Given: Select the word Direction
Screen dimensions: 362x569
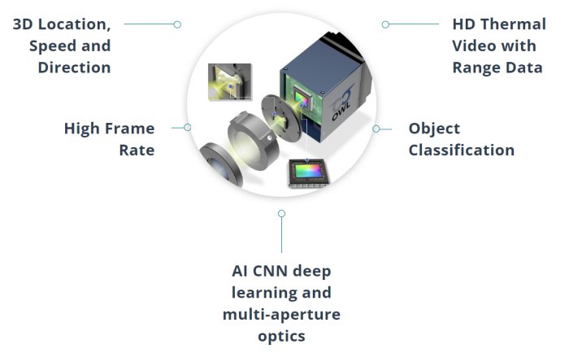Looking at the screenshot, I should (x=74, y=67).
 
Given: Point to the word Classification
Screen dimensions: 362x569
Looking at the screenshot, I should (x=461, y=150).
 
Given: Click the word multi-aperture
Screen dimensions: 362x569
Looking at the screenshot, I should (x=281, y=314).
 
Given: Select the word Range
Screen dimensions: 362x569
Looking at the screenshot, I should (x=479, y=67).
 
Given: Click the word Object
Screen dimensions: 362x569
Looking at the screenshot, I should (x=434, y=129).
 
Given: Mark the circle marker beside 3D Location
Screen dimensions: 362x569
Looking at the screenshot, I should (x=178, y=24).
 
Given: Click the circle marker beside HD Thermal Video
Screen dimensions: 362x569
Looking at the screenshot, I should (x=386, y=24).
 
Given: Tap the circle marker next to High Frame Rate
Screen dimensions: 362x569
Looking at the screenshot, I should (x=188, y=128).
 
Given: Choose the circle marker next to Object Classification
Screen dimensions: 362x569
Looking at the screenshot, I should (x=376, y=128).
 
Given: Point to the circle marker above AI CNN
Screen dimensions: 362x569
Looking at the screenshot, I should (x=281, y=213).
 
